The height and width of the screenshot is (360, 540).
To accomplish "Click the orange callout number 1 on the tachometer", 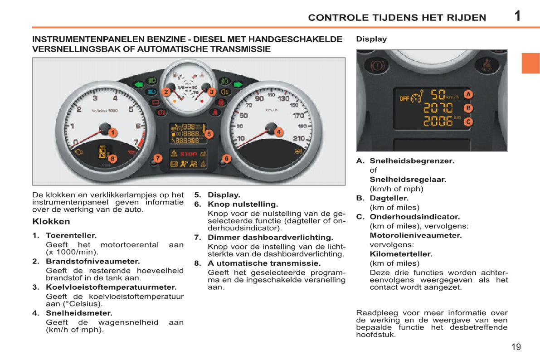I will pyautogui.click(x=112, y=132).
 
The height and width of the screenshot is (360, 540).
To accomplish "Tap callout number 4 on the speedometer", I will pyautogui.click(x=278, y=132).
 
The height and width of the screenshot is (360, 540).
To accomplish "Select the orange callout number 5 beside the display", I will pyautogui.click(x=209, y=134).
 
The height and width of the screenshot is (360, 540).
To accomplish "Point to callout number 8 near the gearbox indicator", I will pyautogui.click(x=112, y=159).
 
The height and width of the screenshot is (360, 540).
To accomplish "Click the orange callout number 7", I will pyautogui.click(x=157, y=158).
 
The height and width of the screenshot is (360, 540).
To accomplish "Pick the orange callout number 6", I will pyautogui.click(x=227, y=158).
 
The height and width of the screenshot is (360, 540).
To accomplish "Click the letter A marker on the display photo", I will pyautogui.click(x=468, y=94).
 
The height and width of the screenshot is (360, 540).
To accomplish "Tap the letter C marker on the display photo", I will pyautogui.click(x=468, y=122).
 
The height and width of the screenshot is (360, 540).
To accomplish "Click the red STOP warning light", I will pyautogui.click(x=189, y=154).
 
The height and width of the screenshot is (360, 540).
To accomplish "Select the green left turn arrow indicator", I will pyautogui.click(x=138, y=84).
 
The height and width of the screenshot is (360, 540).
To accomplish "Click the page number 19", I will pyautogui.click(x=516, y=347).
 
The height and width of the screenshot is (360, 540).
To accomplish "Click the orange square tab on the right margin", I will pyautogui.click(x=530, y=63).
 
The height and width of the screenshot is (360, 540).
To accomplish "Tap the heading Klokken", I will pyautogui.click(x=51, y=222).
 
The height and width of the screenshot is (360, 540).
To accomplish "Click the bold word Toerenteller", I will pyautogui.click(x=71, y=236).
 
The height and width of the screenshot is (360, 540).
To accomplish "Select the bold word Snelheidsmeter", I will pyautogui.click(x=79, y=313).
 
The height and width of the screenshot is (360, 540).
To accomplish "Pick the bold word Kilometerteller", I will pyautogui.click(x=401, y=254).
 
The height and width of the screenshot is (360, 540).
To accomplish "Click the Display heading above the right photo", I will pyautogui.click(x=371, y=39).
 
